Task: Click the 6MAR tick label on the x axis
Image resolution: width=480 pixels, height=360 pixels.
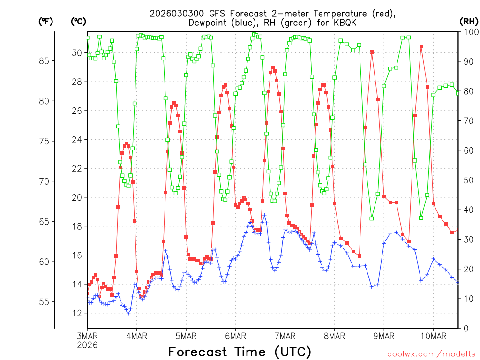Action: point(235,336)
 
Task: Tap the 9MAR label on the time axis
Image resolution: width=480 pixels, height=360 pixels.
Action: point(384,336)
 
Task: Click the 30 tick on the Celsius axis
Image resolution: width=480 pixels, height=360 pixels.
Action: point(76,53)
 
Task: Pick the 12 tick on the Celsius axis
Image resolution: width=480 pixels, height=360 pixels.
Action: point(76,313)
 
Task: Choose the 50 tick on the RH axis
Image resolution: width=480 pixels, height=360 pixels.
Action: point(467,180)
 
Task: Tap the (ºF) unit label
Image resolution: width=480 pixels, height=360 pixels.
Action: point(46,21)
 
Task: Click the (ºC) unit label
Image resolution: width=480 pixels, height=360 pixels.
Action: point(78,21)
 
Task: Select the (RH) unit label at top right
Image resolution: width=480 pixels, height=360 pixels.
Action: point(468,21)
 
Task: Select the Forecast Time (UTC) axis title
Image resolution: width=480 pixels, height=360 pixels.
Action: point(240,352)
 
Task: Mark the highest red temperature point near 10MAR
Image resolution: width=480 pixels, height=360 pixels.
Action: point(421,46)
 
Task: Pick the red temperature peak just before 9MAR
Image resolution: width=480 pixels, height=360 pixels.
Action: point(372,52)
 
